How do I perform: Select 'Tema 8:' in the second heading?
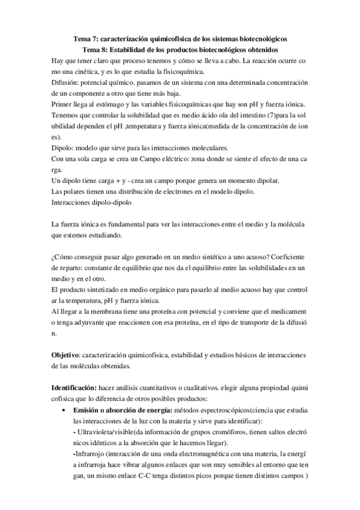click(94, 49)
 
